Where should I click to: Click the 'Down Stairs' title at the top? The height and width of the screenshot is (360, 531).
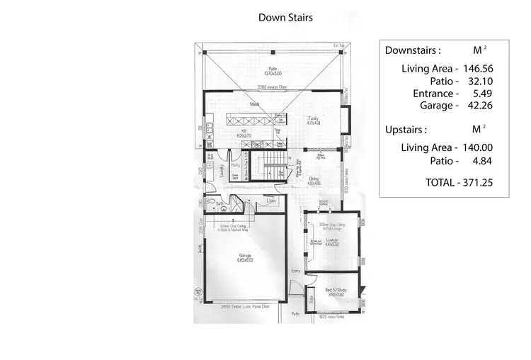point(285,17)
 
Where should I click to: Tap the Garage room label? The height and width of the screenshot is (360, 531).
point(244,257)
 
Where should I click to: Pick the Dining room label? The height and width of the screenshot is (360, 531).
point(314,180)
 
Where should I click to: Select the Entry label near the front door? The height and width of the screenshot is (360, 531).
point(295,271)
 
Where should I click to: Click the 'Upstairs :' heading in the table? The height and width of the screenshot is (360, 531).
point(406,130)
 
